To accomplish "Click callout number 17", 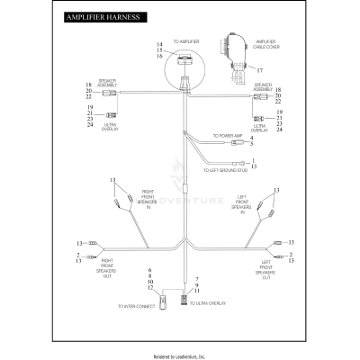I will pyautogui.click(x=259, y=70).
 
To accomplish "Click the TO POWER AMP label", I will pyautogui.click(x=214, y=136).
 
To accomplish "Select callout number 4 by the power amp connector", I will pyautogui.click(x=252, y=137).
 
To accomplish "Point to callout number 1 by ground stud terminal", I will pyautogui.click(x=253, y=159).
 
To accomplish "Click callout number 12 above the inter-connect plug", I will pyautogui.click(x=150, y=287).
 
